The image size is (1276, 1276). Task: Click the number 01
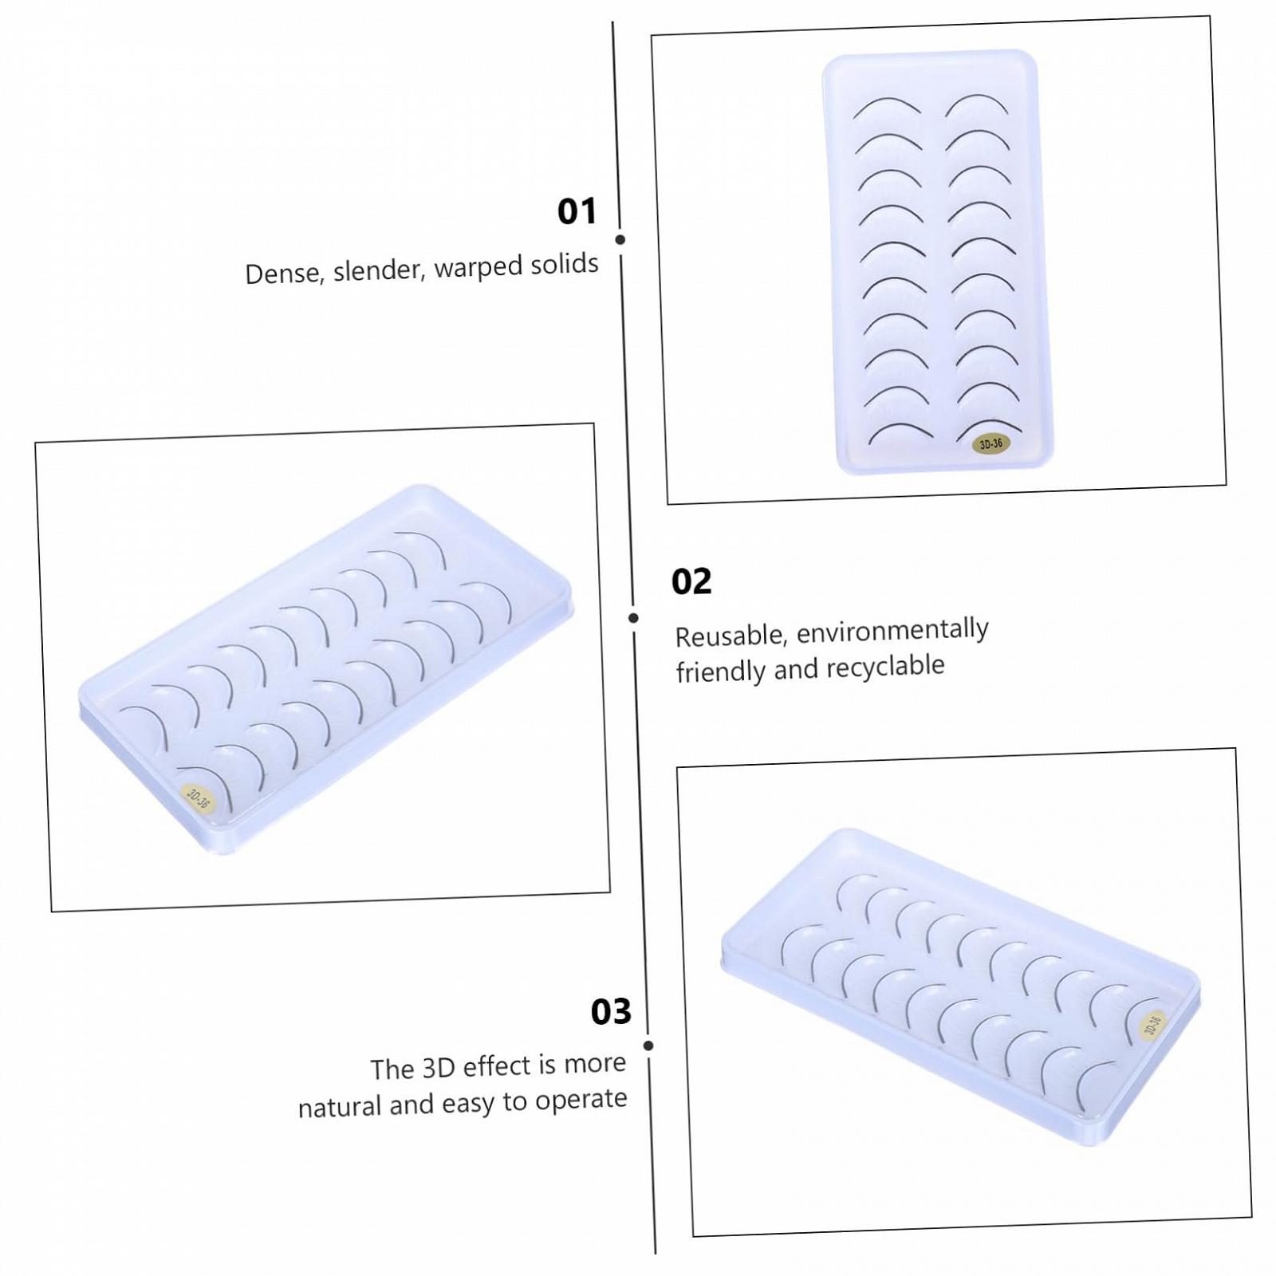(577, 211)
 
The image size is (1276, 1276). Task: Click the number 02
(691, 581)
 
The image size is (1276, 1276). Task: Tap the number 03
(611, 1011)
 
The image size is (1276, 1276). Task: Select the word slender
(379, 270)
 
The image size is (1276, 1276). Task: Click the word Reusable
(732, 636)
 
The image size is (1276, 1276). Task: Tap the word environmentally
(893, 630)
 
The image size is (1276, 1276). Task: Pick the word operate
(581, 1100)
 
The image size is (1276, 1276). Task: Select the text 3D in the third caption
(439, 1067)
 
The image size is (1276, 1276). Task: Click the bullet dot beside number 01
(620, 239)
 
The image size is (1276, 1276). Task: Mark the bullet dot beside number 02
(633, 618)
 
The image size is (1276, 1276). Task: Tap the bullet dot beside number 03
(648, 1046)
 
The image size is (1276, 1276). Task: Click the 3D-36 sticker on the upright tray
(991, 444)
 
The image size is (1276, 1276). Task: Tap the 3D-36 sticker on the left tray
(197, 797)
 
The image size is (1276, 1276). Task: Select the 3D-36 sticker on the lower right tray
(1152, 1024)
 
